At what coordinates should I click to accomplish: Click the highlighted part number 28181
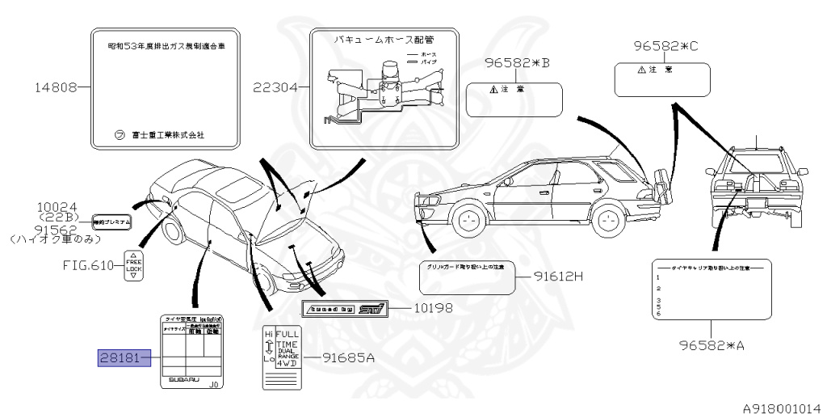tap(125, 357)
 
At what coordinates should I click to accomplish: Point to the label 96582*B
tap(517, 63)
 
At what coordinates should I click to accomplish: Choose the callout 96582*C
tap(663, 46)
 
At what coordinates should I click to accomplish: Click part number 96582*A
tap(711, 345)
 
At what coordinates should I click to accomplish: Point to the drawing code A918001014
tap(781, 408)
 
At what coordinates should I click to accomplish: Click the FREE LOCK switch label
tap(134, 265)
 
